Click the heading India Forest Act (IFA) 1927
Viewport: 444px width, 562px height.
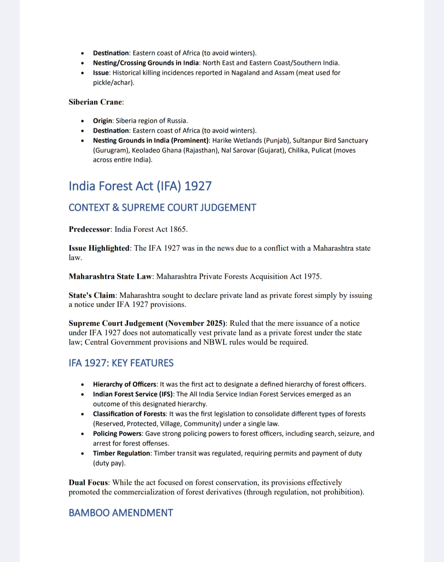click(x=140, y=186)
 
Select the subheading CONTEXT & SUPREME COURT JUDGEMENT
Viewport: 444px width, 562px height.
click(x=162, y=208)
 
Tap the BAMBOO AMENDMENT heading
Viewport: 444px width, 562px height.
click(x=121, y=513)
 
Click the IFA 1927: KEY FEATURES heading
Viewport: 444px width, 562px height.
click(x=121, y=363)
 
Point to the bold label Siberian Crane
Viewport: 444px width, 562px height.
click(x=95, y=102)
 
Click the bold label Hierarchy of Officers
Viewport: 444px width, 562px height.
click(x=124, y=384)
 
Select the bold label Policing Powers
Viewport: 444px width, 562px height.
click(x=117, y=434)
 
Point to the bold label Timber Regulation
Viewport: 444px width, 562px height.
click(x=121, y=453)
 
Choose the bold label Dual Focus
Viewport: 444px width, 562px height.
click(x=88, y=482)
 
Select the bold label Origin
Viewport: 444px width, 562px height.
click(x=102, y=121)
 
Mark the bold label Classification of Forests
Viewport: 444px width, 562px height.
click(x=129, y=414)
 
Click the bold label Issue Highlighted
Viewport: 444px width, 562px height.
click(x=99, y=248)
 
